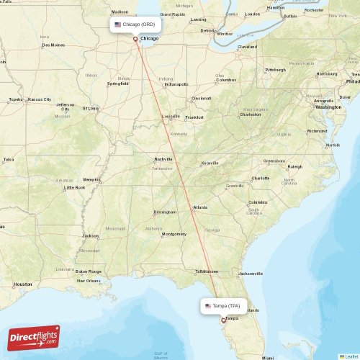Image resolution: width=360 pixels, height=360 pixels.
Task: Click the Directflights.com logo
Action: tap(34, 337)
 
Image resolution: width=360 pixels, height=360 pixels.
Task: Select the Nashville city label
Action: tap(163, 159)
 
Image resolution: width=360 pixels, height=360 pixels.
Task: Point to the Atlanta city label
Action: tap(199, 207)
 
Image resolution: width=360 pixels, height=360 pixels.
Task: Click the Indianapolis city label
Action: tap(176, 84)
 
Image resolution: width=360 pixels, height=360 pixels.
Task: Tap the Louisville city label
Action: tap(171, 116)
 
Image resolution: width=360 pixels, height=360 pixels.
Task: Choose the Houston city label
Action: tap(22, 284)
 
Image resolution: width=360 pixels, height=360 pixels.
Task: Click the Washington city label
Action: tap(328, 107)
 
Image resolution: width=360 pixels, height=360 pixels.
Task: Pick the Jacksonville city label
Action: tap(251, 274)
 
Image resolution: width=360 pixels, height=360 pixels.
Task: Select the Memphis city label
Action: tap(91, 179)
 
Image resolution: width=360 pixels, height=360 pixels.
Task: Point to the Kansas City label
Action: tap(40, 99)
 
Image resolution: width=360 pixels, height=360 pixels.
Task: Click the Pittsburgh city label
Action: tap(275, 70)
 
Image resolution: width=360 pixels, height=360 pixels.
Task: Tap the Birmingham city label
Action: tap(165, 212)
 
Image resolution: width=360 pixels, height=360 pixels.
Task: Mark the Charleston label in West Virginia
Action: tap(250, 114)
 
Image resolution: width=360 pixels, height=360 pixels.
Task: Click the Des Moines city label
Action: tap(53, 45)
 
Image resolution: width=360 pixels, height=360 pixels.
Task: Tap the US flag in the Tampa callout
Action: tap(209, 305)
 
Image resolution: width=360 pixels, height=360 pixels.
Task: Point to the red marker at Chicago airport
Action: tap(135, 39)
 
